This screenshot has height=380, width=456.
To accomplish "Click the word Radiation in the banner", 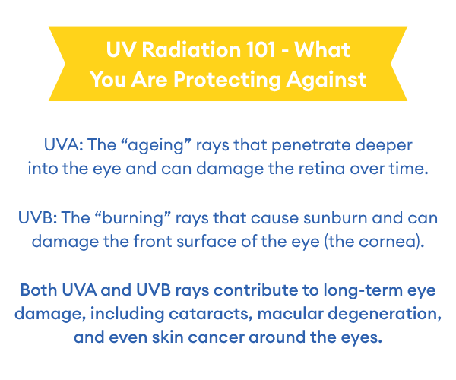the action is (x=192, y=49).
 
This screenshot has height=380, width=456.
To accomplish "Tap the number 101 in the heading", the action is (x=261, y=49).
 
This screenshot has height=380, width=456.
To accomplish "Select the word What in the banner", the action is (x=322, y=49).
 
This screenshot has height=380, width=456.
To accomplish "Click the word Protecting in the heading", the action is (x=227, y=80).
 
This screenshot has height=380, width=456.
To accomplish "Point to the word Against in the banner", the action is (x=326, y=80).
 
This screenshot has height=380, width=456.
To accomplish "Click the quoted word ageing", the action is (x=156, y=145).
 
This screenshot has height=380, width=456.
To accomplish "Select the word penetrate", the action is (x=311, y=145).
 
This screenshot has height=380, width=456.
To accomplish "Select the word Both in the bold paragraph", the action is (x=39, y=290).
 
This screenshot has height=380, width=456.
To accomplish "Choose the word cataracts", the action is (x=211, y=314).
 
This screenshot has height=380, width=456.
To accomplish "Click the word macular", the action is (x=290, y=314).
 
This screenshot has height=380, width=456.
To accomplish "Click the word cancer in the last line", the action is (x=216, y=338).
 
